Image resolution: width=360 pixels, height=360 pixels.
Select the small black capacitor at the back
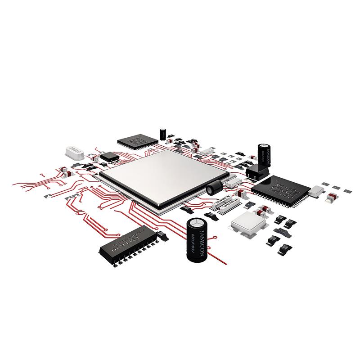162,133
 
